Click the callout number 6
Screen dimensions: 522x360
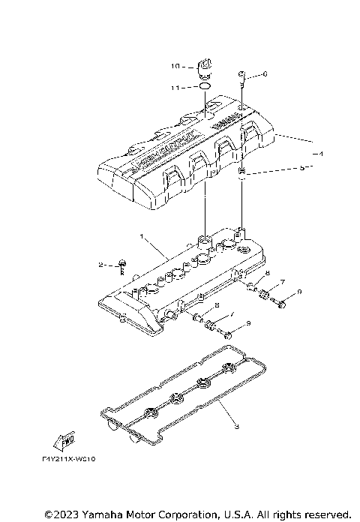click(265, 74)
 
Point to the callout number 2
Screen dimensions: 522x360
click(100, 265)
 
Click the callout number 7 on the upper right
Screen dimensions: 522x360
click(282, 282)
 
